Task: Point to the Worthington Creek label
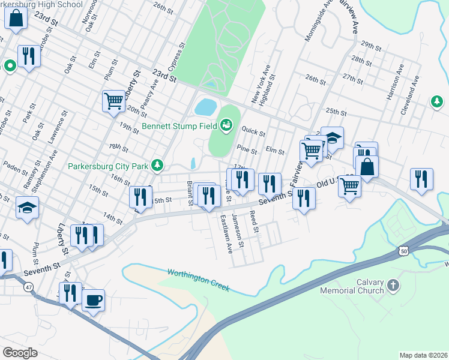point(198,280)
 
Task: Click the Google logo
point(20,352)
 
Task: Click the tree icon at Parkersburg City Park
point(158,164)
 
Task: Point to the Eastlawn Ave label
point(226,234)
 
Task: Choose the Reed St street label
point(254,221)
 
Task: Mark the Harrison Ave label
point(393,88)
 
